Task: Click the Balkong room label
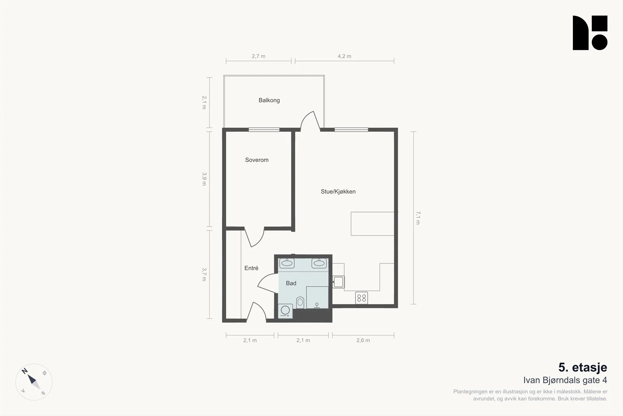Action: [269, 100]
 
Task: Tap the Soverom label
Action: [257, 160]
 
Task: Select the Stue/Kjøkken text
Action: [338, 191]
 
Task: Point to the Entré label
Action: [251, 268]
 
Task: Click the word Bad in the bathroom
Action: [291, 283]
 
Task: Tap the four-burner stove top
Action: [362, 298]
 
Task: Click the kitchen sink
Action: [338, 282]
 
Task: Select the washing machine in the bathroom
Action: [285, 311]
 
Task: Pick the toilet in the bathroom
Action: [300, 303]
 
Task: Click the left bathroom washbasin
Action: [287, 263]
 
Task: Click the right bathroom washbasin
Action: [319, 263]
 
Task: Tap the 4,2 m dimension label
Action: [344, 56]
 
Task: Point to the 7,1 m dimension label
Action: [418, 218]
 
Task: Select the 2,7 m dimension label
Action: [259, 56]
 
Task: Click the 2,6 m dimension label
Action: [363, 340]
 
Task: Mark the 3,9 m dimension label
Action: [204, 179]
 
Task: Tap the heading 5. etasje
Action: [583, 368]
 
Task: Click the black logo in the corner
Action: [590, 33]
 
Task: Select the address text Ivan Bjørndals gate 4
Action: [565, 381]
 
